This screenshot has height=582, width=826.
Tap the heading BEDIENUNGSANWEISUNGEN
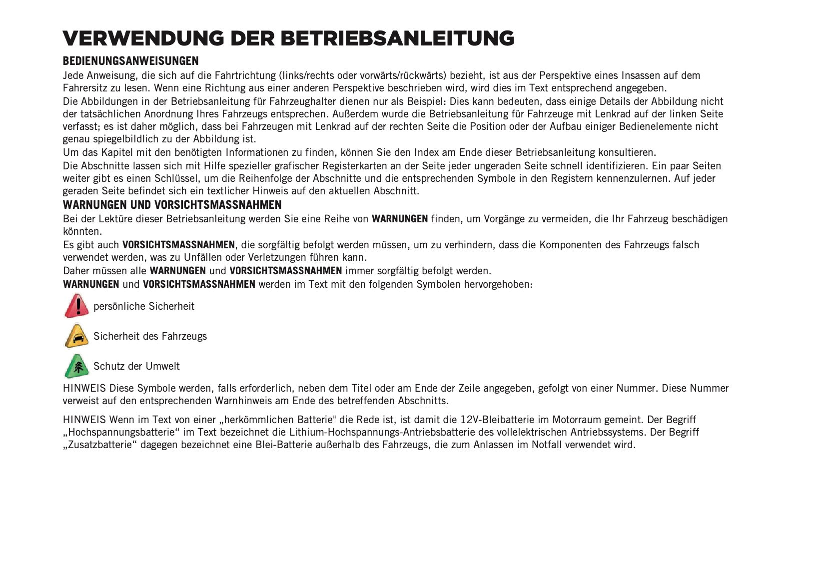coord(130,61)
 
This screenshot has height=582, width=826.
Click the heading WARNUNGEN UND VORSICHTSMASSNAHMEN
coord(172,205)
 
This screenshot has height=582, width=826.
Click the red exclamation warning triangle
coord(76,306)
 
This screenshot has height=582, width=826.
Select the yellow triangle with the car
coord(76,336)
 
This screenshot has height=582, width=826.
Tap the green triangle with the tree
coord(76,366)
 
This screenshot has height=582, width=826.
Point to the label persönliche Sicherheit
coord(144,306)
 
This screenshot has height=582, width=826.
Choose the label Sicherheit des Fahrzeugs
coord(150,336)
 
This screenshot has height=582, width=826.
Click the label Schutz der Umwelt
coord(136,366)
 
